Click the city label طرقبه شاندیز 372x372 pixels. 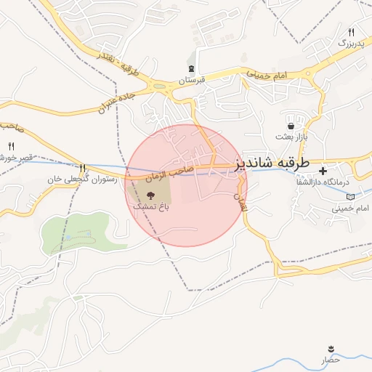pyautogui.click(x=273, y=164)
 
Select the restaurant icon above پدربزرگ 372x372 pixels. pyautogui.click(x=352, y=33)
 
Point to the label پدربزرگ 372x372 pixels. pyautogui.click(x=351, y=44)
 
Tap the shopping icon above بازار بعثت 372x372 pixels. pyautogui.click(x=291, y=126)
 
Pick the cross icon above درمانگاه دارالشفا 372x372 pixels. pyautogui.click(x=323, y=170)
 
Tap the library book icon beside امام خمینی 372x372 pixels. pyautogui.click(x=352, y=197)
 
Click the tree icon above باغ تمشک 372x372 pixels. pyautogui.click(x=150, y=195)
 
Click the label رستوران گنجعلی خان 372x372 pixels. pyautogui.click(x=81, y=179)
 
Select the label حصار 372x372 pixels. pyautogui.click(x=331, y=360)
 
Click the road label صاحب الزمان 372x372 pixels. pyautogui.click(x=169, y=172)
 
